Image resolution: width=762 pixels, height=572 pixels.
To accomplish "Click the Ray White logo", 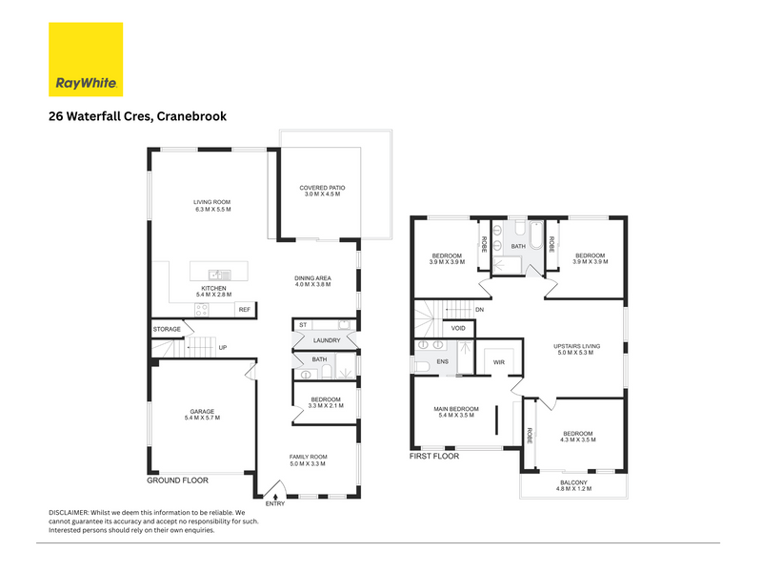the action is coord(86,59).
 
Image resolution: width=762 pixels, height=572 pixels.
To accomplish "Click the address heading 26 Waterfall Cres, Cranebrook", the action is coord(137,116).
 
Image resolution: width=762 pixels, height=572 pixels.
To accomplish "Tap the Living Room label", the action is coord(211,202).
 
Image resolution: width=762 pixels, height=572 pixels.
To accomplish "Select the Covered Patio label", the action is coord(322,188).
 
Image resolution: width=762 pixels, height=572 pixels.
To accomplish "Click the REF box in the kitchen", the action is coord(245,309).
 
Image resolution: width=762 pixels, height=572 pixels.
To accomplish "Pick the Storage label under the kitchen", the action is coord(167,329).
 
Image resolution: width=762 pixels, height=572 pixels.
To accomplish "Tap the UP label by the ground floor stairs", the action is coord(223,348).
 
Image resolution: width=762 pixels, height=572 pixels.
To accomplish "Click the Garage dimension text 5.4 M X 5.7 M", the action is coord(202,418).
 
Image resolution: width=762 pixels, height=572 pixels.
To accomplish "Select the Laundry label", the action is coord(327,340).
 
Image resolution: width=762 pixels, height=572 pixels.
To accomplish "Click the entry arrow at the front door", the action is coord(275,497).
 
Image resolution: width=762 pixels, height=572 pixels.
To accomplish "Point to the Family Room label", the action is coord(308,458).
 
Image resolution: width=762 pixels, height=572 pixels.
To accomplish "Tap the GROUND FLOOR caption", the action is coord(177,480).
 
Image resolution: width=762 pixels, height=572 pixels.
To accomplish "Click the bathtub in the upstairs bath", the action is coord(535,235).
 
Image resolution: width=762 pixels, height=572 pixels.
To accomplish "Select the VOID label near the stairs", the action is coord(458,328).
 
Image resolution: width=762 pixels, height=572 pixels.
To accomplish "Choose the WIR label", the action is coord(498,362).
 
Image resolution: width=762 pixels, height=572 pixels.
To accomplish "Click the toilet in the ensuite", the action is coord(421,366).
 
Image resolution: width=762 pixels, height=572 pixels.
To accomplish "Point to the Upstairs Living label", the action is coord(577,346).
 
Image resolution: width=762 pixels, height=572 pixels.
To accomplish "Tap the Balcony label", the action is coord(573,482).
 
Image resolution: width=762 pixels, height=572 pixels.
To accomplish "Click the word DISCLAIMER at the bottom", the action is coord(69,513).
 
